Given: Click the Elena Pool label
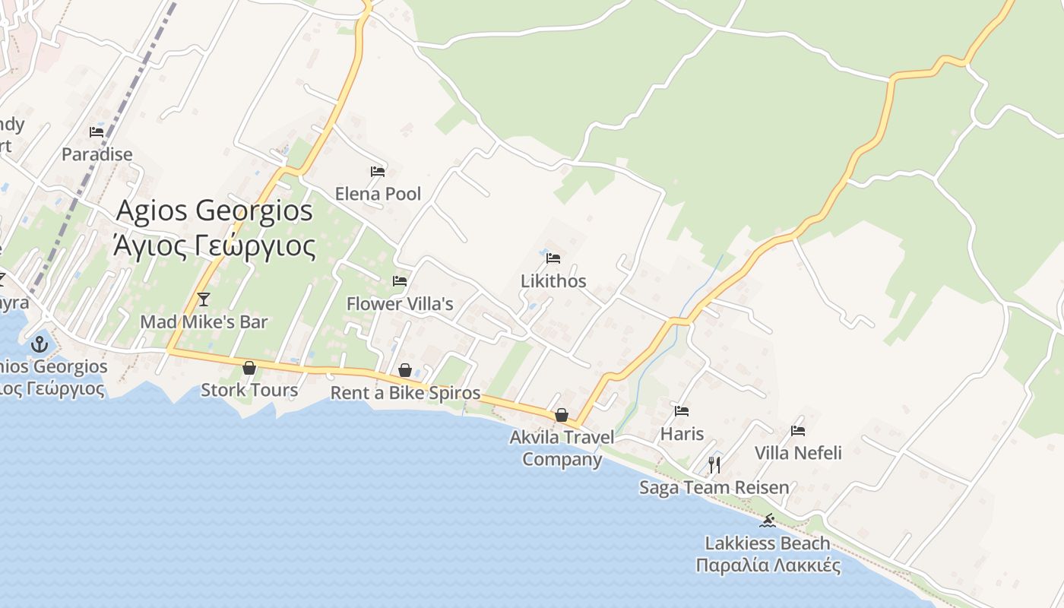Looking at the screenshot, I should [378, 194].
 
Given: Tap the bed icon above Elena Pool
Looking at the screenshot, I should [378, 171].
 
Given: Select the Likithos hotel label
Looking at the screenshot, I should [553, 281].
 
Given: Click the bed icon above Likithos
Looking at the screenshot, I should [553, 258].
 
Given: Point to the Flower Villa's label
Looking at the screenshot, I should [400, 304].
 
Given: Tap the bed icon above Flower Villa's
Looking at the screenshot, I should [400, 281].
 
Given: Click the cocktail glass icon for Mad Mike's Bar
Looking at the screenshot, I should [203, 299].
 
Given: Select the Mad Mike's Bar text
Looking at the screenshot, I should [204, 322].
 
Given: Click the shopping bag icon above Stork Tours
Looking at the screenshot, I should [249, 369].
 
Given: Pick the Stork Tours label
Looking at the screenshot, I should [249, 391].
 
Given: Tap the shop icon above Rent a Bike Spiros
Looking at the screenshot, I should [405, 370].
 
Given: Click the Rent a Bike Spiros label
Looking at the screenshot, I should [405, 393].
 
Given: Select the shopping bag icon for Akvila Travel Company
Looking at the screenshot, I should [562, 415].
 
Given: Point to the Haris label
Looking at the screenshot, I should [682, 434].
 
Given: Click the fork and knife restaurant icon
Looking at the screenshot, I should [714, 464].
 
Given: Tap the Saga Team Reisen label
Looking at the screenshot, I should [714, 487].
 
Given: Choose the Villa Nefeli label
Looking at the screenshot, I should [798, 453].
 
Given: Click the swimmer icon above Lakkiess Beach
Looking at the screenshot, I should [768, 521].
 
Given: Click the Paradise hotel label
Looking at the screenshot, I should [97, 154].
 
